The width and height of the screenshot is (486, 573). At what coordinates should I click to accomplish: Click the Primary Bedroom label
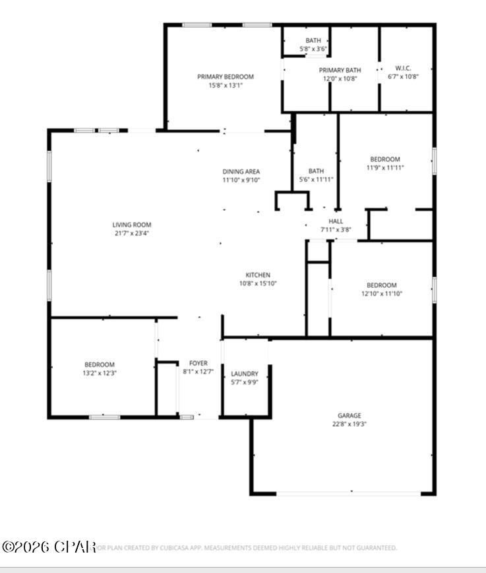pos(225,76)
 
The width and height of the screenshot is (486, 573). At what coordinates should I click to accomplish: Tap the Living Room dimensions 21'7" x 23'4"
pos(131,233)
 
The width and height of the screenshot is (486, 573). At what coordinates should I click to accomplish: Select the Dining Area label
pos(241,171)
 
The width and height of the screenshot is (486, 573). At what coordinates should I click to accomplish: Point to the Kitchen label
pos(258,275)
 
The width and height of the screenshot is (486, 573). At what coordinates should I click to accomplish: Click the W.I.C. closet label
pos(403,68)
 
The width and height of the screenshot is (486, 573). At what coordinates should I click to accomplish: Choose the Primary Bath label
pos(340,70)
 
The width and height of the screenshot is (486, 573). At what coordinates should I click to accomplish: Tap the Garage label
pos(349,416)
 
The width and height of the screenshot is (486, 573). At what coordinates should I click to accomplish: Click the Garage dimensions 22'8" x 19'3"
pos(349,424)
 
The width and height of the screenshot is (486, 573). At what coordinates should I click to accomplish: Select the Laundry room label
pos(244,373)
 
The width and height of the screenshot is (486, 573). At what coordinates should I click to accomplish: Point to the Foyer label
pos(198,363)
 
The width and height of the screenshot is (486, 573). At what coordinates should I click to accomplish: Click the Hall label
pos(336,221)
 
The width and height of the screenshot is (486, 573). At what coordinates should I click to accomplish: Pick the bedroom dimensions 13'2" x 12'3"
pos(99,373)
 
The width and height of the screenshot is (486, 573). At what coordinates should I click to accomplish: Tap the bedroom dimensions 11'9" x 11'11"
pos(384,168)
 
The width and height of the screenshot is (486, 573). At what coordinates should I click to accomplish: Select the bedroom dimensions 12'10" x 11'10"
pos(382,294)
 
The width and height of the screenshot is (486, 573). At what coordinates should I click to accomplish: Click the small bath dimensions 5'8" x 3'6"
pos(313,49)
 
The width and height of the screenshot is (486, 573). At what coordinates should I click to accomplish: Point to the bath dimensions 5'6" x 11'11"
pos(316,179)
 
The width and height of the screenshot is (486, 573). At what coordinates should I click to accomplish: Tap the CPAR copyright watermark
pos(49,547)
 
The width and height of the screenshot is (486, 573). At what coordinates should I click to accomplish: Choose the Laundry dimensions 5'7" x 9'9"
pos(244,382)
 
